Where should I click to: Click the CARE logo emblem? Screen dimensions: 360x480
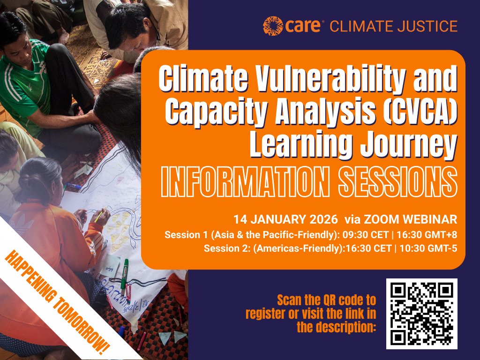271,25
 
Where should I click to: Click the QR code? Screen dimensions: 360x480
421,314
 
